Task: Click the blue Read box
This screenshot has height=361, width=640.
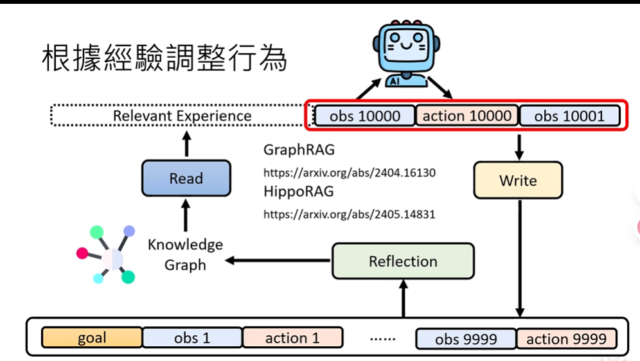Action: [186, 179]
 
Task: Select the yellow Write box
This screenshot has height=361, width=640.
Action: [517, 180]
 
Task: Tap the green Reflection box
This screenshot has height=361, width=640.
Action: [403, 261]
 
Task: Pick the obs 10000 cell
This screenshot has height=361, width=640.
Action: [364, 116]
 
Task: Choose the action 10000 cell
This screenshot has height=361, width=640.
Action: [467, 116]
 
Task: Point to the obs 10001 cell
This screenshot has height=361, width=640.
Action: [569, 116]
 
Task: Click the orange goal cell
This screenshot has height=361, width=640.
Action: [92, 338]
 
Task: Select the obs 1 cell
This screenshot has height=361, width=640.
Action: [192, 338]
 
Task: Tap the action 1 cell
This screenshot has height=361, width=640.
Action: [292, 338]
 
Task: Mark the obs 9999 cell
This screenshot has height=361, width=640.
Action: [465, 339]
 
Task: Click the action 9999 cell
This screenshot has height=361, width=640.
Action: [566, 339]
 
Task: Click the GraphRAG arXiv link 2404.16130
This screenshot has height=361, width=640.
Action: [350, 173]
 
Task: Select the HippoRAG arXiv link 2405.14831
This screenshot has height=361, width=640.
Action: [350, 215]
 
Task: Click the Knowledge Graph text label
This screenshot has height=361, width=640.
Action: [185, 254]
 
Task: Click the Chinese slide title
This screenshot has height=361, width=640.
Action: [164, 59]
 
